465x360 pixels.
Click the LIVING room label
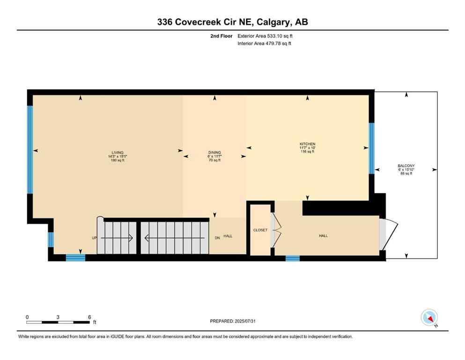118,152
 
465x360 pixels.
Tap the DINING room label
214,152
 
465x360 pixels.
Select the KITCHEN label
308,144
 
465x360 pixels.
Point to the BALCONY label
406,166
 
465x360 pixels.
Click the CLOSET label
260,230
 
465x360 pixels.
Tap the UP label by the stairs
94,238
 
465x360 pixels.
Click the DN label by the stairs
217,238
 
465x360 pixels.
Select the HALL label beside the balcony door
323,236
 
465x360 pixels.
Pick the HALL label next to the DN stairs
228,236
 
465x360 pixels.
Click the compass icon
429,317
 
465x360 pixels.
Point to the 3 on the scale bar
58,317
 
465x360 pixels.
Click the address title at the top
232,22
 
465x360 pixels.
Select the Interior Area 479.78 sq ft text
265,44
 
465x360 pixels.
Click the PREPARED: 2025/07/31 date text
232,321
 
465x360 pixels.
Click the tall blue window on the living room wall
30,150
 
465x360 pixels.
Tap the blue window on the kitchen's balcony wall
372,148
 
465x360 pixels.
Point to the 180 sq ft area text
118,160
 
